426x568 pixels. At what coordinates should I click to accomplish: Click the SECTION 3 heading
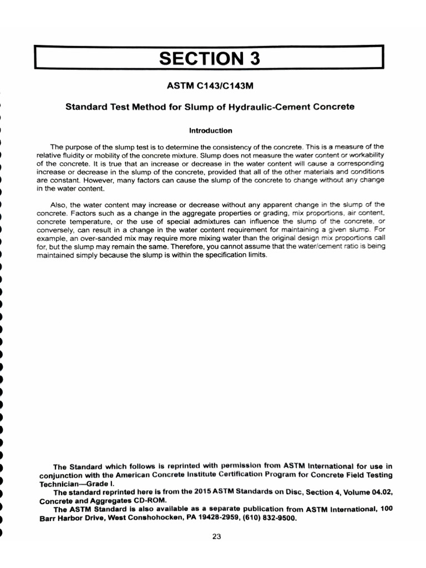pos(209,58)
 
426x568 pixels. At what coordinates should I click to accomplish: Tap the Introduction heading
pos(210,131)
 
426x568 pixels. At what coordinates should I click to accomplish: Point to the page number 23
pos(216,536)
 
